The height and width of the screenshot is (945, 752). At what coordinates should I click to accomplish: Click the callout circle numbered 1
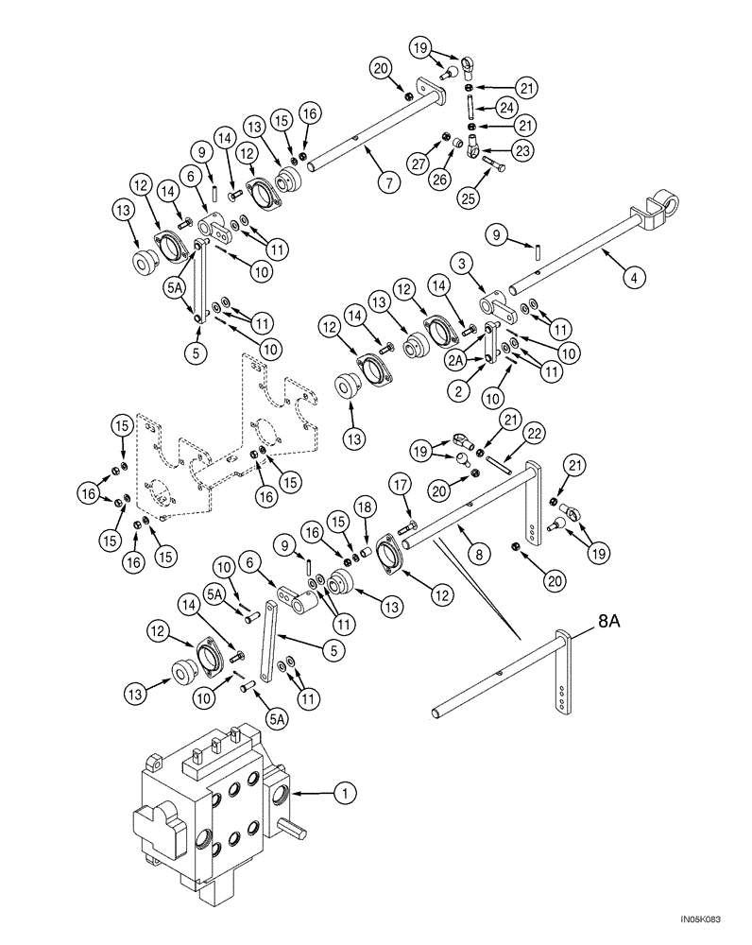345,797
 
